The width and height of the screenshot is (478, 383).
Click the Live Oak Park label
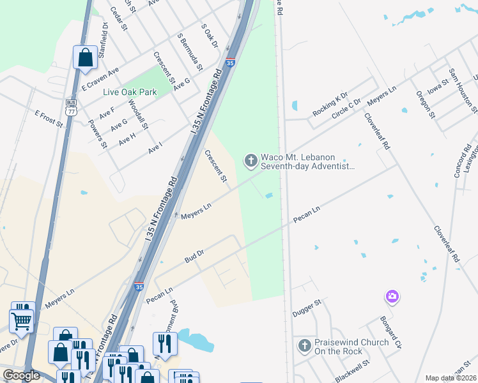click(x=130, y=93)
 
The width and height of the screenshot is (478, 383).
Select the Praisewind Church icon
click(x=305, y=347)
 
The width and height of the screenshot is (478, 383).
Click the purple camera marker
click(x=392, y=297)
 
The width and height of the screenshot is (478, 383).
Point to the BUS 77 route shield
click(x=72, y=107)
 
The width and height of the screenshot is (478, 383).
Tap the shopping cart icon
click(x=21, y=322)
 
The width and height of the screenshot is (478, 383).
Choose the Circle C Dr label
click(x=346, y=110)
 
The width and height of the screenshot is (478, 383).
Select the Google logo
click(x=21, y=375)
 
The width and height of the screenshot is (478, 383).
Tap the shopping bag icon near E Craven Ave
click(x=85, y=58)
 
